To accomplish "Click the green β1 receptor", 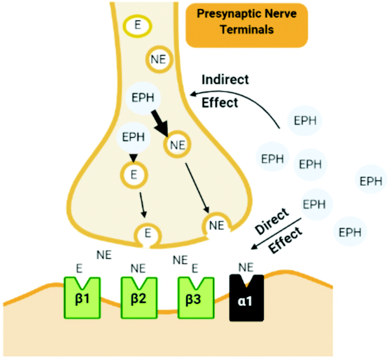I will [82, 298].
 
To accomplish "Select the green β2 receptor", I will [139, 298].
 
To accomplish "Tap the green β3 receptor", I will [196, 298].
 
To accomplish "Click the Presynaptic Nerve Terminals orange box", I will [247, 25].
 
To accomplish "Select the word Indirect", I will [225, 79].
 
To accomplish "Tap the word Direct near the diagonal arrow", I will [271, 222].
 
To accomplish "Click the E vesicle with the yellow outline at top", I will [138, 26].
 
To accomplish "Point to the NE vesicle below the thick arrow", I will [178, 145].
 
